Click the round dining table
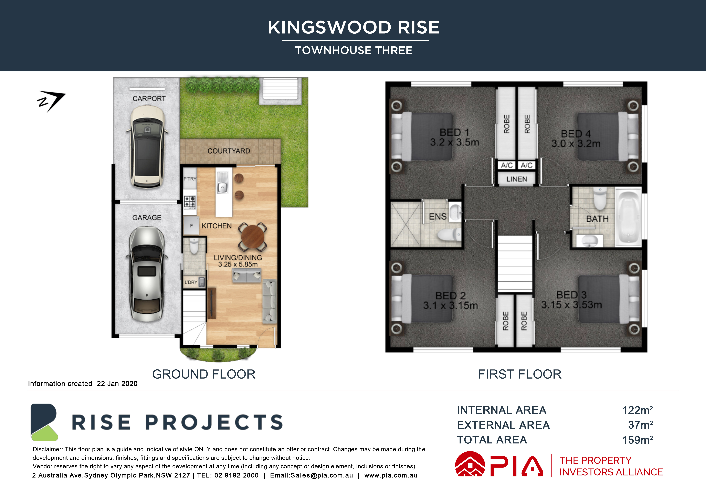pyautogui.click(x=253, y=237)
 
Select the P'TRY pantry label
pyautogui.click(x=190, y=179)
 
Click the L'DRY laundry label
pyautogui.click(x=191, y=282)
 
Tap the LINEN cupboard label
pyautogui.click(x=517, y=179)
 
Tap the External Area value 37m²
pyautogui.click(x=640, y=425)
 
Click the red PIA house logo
pyautogui.click(x=470, y=464)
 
